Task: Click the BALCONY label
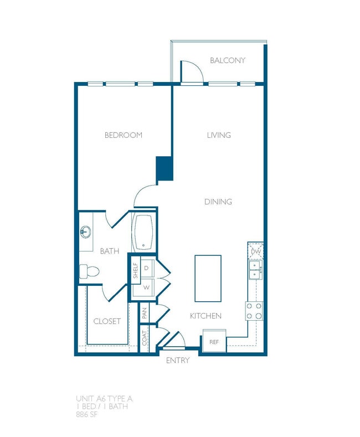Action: click(x=227, y=60)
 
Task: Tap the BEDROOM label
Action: click(x=123, y=135)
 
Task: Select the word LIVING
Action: click(x=219, y=135)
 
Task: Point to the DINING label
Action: click(x=218, y=202)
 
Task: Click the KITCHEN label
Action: click(x=205, y=316)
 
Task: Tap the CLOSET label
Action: click(x=107, y=321)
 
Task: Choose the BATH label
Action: click(x=110, y=251)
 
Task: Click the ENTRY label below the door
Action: click(x=178, y=361)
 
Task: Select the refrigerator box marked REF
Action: click(x=214, y=341)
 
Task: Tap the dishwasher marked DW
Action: click(x=255, y=251)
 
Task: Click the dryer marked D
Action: click(x=146, y=268)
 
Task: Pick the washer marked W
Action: click(x=146, y=288)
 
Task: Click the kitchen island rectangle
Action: click(x=208, y=278)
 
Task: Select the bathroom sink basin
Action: click(x=86, y=231)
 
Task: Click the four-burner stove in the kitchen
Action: click(x=254, y=311)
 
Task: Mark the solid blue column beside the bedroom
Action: click(x=164, y=169)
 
